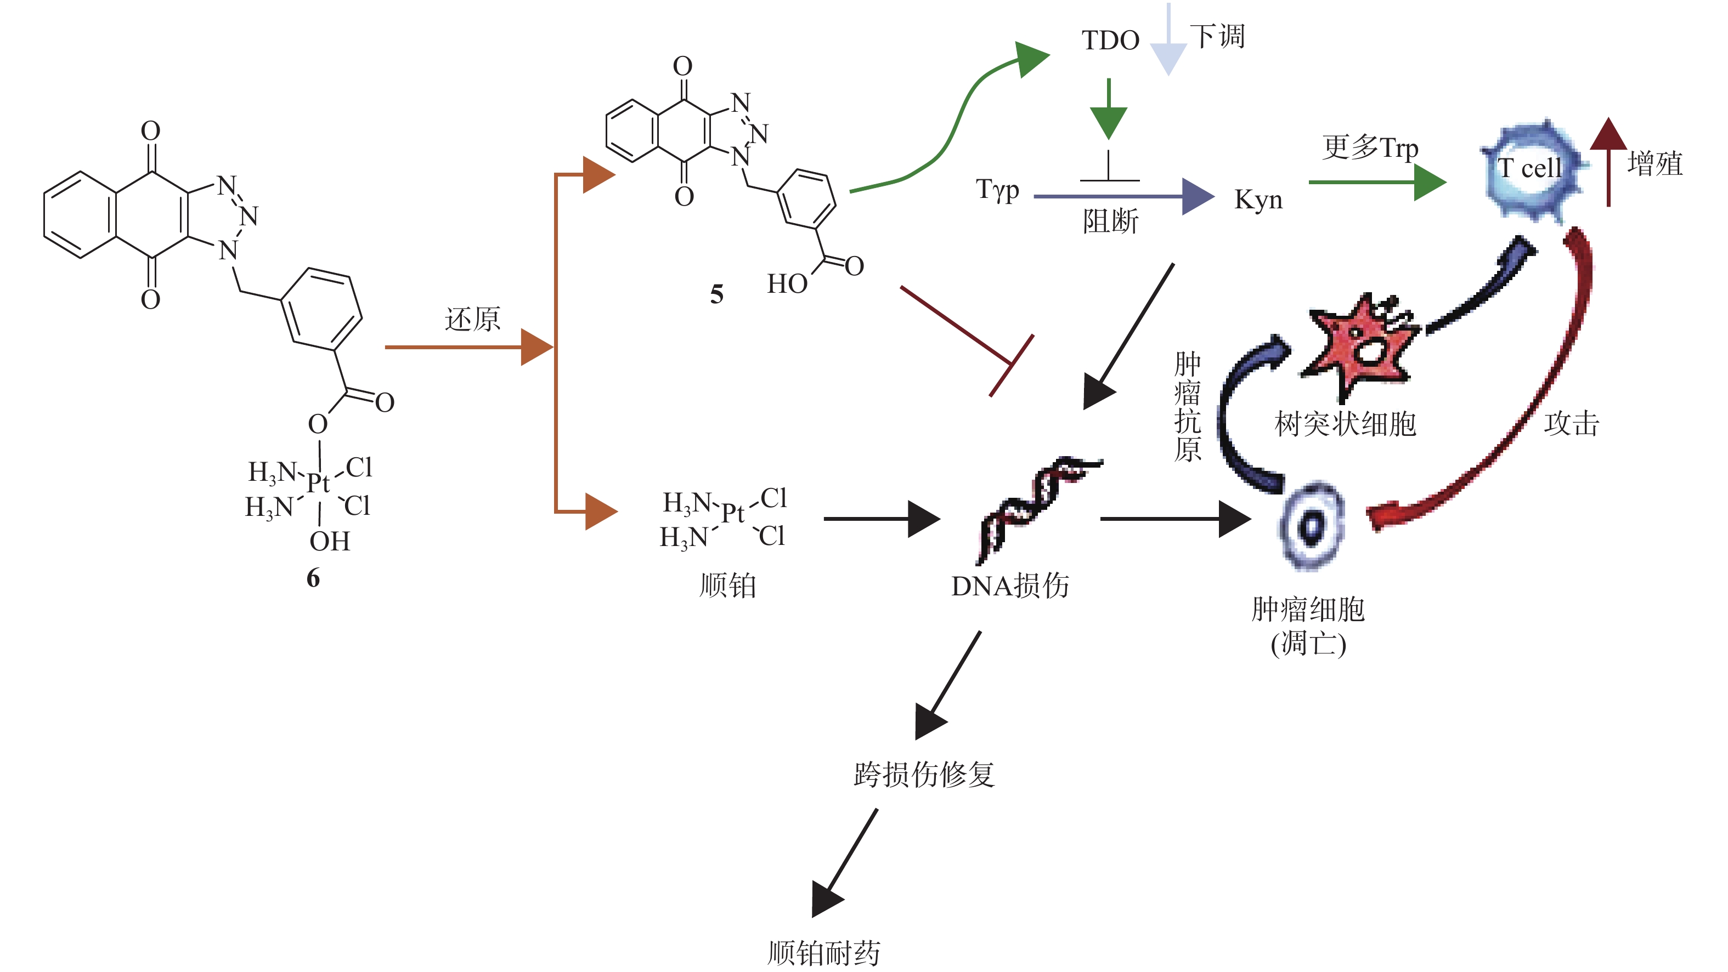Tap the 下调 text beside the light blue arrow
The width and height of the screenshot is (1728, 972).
tap(1217, 36)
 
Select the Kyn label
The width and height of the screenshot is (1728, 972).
tap(1258, 200)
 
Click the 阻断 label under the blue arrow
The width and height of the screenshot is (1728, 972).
tap(1111, 221)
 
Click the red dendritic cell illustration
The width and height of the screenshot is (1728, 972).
tap(1362, 345)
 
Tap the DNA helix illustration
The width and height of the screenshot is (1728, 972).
tap(1036, 506)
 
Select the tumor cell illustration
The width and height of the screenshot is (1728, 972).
tap(1312, 526)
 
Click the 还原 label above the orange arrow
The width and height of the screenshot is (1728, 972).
tap(472, 319)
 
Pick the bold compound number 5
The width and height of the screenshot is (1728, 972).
tap(716, 294)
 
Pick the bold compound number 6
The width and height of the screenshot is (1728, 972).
tap(313, 578)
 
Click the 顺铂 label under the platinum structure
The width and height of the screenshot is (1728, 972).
tap(728, 585)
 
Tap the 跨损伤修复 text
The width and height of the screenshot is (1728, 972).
tap(924, 774)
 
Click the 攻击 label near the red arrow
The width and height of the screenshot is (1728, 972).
tap(1571, 424)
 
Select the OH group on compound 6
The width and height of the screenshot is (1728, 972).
tap(329, 541)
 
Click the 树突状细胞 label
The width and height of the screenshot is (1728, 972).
tap(1345, 424)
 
